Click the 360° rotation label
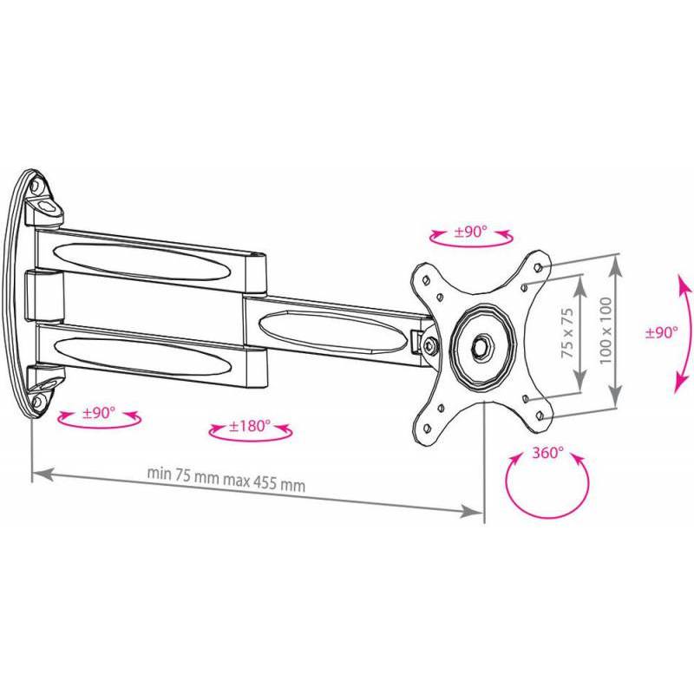547,453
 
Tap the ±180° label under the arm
250,426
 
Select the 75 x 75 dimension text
567,333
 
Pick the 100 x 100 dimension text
606,331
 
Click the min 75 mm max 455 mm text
226,479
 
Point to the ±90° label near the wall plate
99,413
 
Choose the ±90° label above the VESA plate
470,231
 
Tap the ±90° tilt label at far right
661,332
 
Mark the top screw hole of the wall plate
35,186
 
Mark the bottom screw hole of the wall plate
36,402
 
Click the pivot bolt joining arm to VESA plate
429,345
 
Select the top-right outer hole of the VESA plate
538,267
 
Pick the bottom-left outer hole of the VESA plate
427,428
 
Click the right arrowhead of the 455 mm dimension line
471,511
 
